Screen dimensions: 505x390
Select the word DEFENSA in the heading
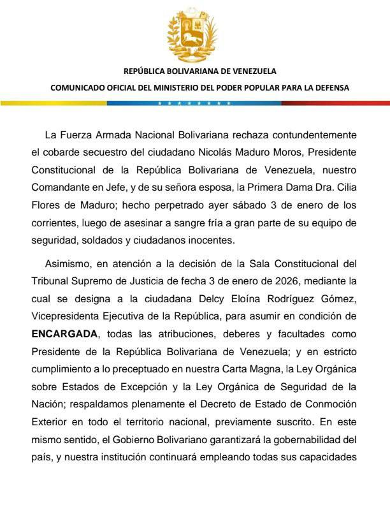[x=332, y=88]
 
